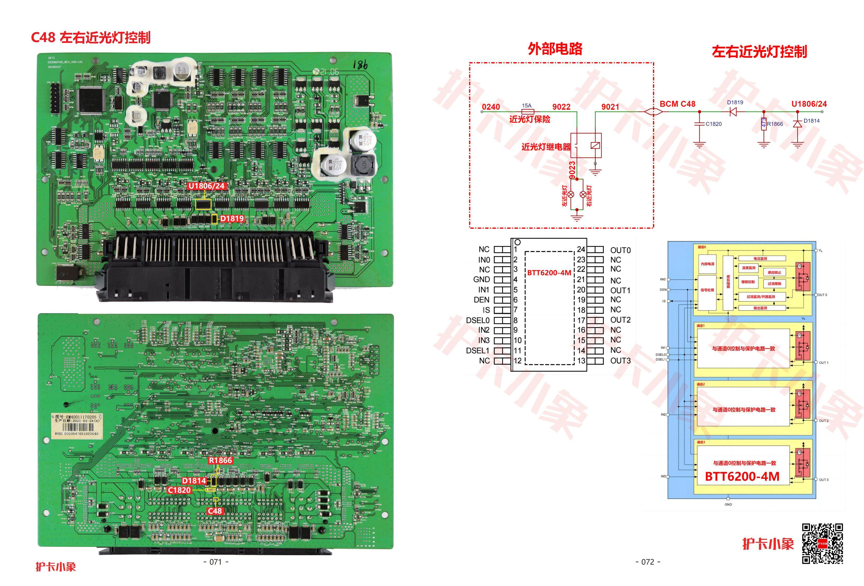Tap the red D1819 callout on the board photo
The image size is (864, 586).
coord(232,219)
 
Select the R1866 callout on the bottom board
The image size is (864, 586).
coord(220,460)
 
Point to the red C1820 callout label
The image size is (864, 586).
coord(179,490)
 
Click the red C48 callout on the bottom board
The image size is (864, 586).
coord(214,511)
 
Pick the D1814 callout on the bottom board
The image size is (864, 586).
coord(194,480)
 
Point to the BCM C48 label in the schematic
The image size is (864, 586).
coord(677,104)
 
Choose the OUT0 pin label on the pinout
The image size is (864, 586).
coord(621,250)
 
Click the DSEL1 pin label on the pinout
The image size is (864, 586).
coord(478,350)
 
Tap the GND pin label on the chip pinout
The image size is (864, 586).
coord(482,279)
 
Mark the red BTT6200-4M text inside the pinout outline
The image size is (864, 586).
coord(549,273)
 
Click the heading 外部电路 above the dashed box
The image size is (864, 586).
coord(555,49)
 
